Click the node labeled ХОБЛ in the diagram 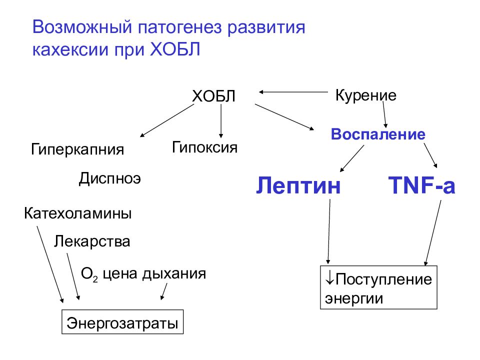pyautogui.click(x=213, y=96)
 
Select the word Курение pyautogui.click(x=366, y=95)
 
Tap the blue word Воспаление pyautogui.click(x=378, y=134)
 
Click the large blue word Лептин pyautogui.click(x=298, y=185)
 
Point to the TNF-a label pyautogui.click(x=421, y=185)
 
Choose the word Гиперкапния pyautogui.click(x=77, y=149)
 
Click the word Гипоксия pyautogui.click(x=204, y=147)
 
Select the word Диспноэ pyautogui.click(x=110, y=178)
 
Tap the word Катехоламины pyautogui.click(x=78, y=213)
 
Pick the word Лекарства pyautogui.click(x=92, y=241)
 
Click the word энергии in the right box pyautogui.click(x=354, y=299)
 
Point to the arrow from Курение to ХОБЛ pyautogui.click(x=293, y=92)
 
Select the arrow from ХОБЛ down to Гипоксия pyautogui.click(x=221, y=121)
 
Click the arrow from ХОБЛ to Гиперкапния pyautogui.click(x=167, y=120)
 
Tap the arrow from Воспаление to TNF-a pyautogui.click(x=430, y=155)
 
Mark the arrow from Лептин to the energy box pyautogui.click(x=329, y=231)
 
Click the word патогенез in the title pyautogui.click(x=179, y=27)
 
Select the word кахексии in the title pyautogui.click(x=70, y=49)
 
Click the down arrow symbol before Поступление pyautogui.click(x=329, y=278)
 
